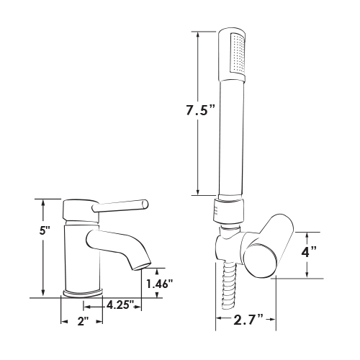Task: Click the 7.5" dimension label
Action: click(x=200, y=111)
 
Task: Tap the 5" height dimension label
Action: click(x=44, y=230)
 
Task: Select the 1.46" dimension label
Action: click(x=160, y=284)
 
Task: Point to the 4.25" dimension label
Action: click(x=120, y=305)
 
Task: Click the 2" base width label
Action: click(x=83, y=322)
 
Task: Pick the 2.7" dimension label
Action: click(x=248, y=319)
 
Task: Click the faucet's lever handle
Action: click(x=120, y=206)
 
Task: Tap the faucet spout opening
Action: click(x=143, y=266)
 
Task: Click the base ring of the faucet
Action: click(x=83, y=293)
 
